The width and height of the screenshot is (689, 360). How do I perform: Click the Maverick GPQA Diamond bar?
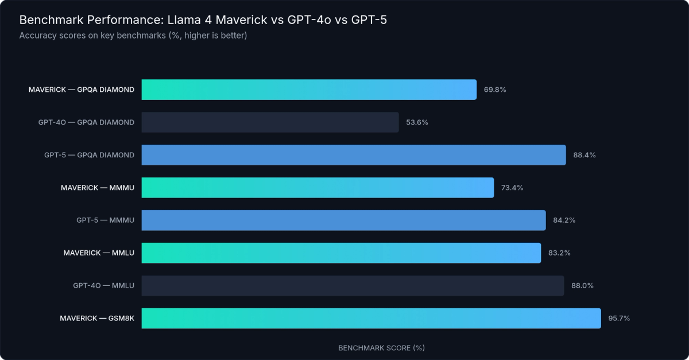point(309,90)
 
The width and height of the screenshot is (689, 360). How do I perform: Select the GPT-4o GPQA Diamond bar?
point(270,122)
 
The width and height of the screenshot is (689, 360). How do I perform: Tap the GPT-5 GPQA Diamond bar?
point(354,155)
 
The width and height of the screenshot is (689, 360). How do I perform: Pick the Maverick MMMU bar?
point(318,188)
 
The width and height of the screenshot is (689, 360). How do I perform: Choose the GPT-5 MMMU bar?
point(343,220)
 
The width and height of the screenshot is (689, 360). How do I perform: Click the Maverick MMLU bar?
point(341,253)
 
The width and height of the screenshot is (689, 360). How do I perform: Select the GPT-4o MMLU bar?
point(353,286)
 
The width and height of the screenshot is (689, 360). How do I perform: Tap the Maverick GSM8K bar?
point(371,318)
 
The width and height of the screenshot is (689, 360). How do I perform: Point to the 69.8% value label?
point(495,90)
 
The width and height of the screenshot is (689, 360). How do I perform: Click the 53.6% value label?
point(417,122)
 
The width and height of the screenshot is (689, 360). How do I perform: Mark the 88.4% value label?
point(585,155)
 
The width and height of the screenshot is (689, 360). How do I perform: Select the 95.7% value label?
point(619,318)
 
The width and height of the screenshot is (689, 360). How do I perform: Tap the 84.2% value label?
point(564,220)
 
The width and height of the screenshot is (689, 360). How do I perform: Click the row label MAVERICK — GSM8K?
point(97,318)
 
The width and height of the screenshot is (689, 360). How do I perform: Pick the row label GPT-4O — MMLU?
point(103,286)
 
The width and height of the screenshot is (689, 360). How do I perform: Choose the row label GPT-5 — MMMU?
point(105,220)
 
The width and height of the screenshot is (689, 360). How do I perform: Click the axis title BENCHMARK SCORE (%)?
point(381,348)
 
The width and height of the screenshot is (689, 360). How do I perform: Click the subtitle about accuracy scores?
point(133,36)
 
